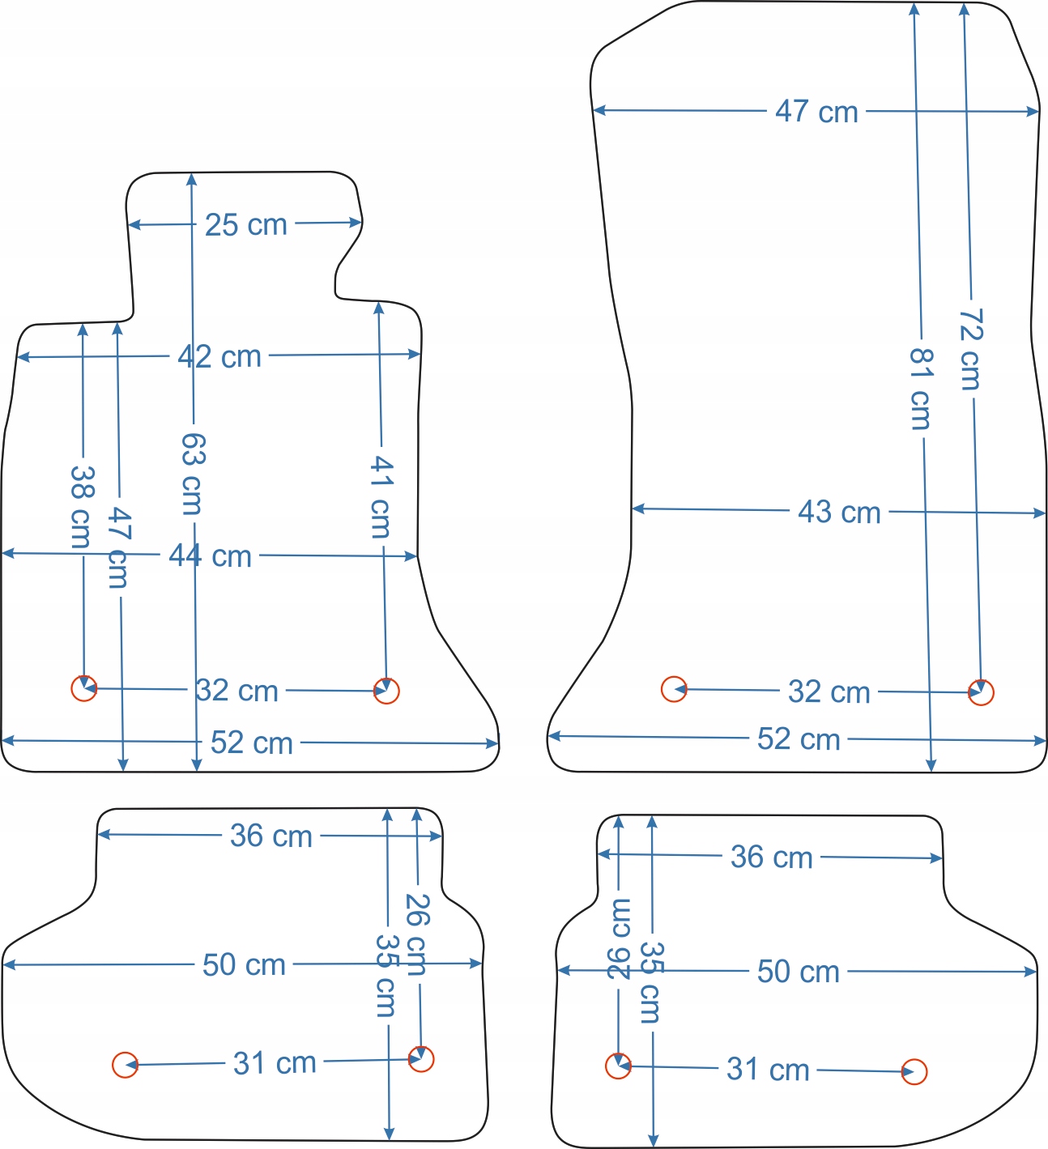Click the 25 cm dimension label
pyautogui.click(x=245, y=224)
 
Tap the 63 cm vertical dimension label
pyautogui.click(x=193, y=473)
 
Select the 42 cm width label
pyautogui.click(x=219, y=356)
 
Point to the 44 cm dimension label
pyautogui.click(x=210, y=556)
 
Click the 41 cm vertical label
pyautogui.click(x=381, y=496)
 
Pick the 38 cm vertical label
pyautogui.click(x=81, y=505)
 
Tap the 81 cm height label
pyautogui.click(x=921, y=388)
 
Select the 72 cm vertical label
pyautogui.click(x=970, y=348)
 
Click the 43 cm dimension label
pyautogui.click(x=839, y=512)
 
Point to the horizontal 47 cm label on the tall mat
pyautogui.click(x=816, y=111)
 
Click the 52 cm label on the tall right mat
pyautogui.click(x=798, y=738)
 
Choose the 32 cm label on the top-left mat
pyautogui.click(x=237, y=690)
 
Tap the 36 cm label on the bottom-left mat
pyautogui.click(x=271, y=836)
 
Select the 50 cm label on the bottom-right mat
pyautogui.click(x=798, y=971)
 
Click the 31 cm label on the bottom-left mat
pyautogui.click(x=275, y=1062)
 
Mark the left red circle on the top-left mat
pyautogui.click(x=84, y=688)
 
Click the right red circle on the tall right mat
pyautogui.click(x=981, y=692)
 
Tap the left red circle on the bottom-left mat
pyautogui.click(x=125, y=1065)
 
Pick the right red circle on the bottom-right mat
pyautogui.click(x=914, y=1071)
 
